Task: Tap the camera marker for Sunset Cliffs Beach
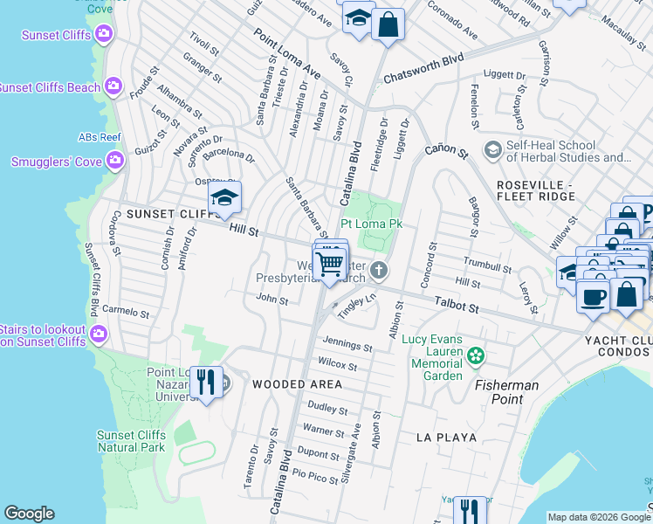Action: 113,86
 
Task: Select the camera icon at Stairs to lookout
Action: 100,333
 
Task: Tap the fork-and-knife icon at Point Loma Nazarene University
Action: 206,383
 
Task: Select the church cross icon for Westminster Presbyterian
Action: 379,270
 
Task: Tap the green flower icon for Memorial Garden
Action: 476,355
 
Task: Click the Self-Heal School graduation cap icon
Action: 491,150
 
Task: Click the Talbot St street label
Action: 457,307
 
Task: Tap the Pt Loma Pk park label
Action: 371,224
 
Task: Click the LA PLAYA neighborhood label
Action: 446,437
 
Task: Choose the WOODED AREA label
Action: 297,384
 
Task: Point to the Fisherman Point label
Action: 506,392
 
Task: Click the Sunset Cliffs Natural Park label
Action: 130,441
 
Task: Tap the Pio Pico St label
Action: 315,474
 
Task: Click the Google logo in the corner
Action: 29,514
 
